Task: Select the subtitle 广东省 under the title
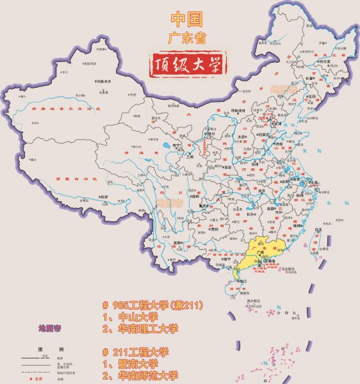189,38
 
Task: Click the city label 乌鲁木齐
104,81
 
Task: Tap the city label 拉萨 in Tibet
103,196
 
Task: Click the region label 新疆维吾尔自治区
60,109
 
